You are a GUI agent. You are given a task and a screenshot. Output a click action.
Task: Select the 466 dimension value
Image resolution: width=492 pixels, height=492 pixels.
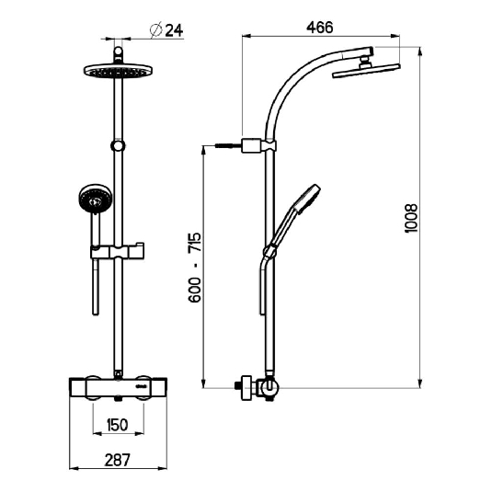pos(320,28)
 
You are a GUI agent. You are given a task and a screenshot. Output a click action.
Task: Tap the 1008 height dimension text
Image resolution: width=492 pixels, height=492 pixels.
pos(411,217)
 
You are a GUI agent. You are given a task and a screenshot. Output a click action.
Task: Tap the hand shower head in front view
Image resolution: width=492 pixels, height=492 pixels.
pos(94,199)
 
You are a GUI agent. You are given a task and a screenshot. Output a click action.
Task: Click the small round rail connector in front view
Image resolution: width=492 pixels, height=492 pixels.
pos(117,145)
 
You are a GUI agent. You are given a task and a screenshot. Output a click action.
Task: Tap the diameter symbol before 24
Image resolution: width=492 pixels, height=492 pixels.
pos(154,29)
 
